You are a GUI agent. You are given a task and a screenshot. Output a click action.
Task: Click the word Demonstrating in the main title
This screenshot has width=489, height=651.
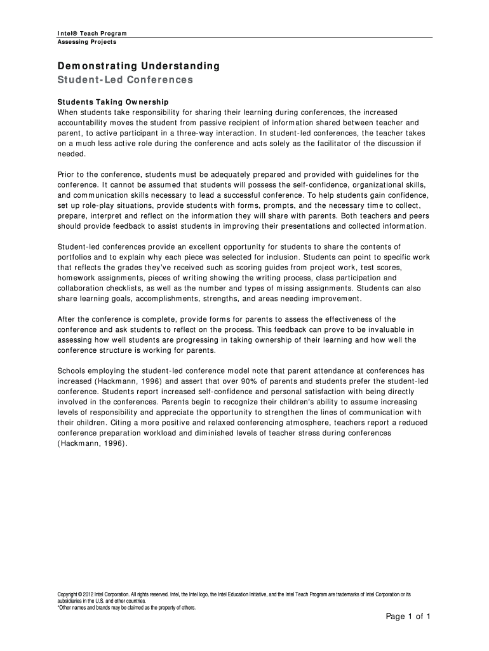(95, 66)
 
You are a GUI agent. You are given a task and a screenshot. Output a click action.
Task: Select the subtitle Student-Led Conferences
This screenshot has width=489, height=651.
(125, 80)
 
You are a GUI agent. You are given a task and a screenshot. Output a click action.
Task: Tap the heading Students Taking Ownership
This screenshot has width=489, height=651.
(113, 102)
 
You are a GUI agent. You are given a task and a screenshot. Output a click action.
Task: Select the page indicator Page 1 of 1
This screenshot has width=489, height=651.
(409, 617)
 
